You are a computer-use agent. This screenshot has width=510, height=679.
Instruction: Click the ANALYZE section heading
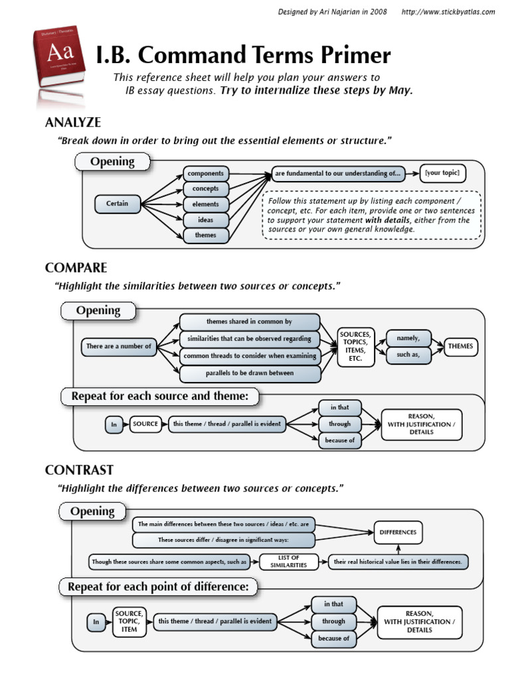(73, 122)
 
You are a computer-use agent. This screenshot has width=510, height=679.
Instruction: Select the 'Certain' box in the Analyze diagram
(118, 204)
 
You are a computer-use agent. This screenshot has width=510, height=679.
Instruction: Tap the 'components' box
(206, 174)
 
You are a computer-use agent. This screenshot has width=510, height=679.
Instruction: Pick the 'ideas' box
(206, 219)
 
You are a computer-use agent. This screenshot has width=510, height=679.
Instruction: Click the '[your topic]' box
(442, 174)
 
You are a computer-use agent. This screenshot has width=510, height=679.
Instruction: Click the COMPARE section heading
(76, 268)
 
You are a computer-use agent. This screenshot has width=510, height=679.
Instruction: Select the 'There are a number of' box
(118, 346)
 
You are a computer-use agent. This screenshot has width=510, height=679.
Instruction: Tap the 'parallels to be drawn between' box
(250, 373)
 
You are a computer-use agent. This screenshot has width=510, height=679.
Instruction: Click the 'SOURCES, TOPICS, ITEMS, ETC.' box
(356, 346)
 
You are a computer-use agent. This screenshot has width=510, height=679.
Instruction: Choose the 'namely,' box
(408, 338)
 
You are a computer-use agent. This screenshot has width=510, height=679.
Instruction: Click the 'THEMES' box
(461, 346)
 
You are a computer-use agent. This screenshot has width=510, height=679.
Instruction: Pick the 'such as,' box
(408, 355)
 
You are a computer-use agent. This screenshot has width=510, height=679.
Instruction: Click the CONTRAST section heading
(79, 470)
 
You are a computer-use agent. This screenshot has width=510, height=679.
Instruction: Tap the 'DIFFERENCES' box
(398, 532)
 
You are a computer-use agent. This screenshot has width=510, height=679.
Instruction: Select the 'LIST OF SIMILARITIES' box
(288, 562)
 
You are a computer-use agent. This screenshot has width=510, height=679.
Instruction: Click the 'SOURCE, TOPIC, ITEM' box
(129, 621)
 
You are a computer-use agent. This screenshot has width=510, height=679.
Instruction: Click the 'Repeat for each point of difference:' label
(158, 587)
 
